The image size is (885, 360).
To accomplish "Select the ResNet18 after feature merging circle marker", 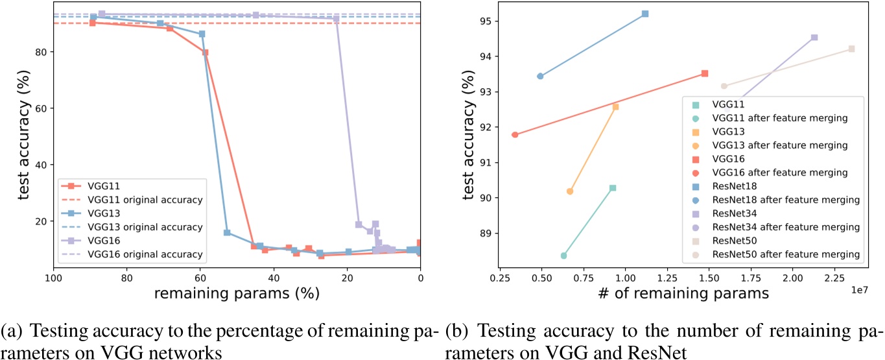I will coord(540,76).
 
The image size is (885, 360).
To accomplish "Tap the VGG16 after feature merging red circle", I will coord(515,135).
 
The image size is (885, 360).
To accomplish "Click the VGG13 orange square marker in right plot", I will coord(615,106).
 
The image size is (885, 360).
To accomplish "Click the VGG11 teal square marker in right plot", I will coord(613,188).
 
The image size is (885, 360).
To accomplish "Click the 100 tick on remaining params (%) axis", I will coord(53,280).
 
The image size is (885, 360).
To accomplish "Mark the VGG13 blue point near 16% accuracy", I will coord(227,232).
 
